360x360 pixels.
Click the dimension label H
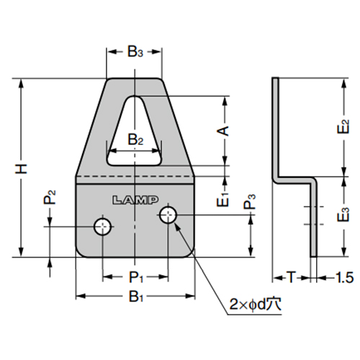(22, 168)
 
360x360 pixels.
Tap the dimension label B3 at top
(135, 52)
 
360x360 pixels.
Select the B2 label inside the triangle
(135, 139)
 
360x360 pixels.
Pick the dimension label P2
(48, 198)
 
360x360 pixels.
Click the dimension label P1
(135, 276)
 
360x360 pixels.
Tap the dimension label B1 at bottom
(135, 296)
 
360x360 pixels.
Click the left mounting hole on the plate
(103, 228)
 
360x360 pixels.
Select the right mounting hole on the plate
(168, 214)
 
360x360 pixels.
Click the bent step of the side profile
(295, 178)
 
